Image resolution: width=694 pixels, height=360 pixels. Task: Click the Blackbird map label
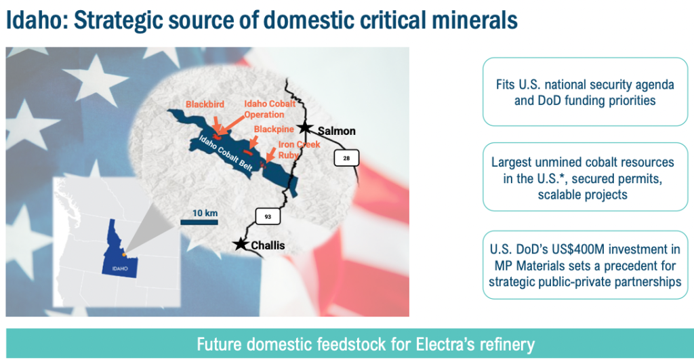(x=205, y=104)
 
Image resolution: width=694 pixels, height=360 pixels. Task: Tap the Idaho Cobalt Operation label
(x=270, y=109)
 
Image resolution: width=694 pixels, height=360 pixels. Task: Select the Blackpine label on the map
(x=274, y=129)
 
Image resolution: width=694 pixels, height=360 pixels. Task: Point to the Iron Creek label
(x=299, y=144)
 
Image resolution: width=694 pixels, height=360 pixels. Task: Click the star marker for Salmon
(x=305, y=128)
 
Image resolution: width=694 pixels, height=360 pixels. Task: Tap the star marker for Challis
(x=241, y=243)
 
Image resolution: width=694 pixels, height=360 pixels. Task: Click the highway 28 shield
(x=346, y=158)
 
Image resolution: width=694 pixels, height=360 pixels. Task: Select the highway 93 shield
(x=268, y=216)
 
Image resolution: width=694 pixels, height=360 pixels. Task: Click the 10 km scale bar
(x=199, y=222)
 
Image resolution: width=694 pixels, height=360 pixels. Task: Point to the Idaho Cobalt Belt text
(x=226, y=153)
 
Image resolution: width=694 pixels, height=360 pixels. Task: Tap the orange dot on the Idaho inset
(x=124, y=255)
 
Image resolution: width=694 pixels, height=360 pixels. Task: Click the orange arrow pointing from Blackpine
(x=253, y=142)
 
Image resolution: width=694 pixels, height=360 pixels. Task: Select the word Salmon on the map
(x=337, y=131)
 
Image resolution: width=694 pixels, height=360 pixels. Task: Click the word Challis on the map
(x=268, y=245)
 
